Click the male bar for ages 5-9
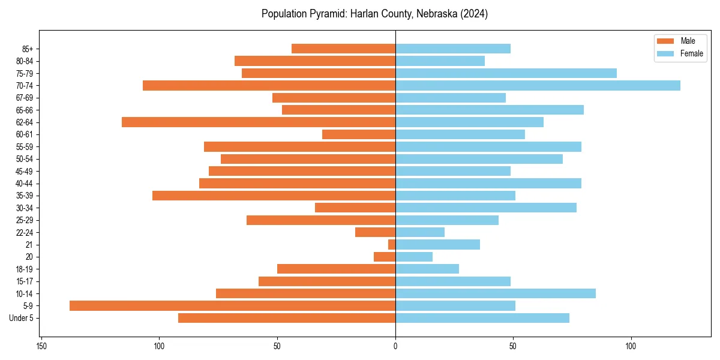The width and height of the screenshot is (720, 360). click(232, 305)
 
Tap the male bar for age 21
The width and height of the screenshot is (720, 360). click(392, 244)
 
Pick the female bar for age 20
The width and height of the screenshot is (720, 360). click(414, 257)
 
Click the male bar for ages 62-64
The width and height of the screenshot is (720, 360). click(259, 122)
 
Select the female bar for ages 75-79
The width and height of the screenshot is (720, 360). click(506, 73)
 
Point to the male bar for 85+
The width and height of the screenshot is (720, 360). click(343, 49)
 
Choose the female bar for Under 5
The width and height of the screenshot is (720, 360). click(482, 318)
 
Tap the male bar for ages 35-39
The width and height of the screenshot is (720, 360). click(274, 196)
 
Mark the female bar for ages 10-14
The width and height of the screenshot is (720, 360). click(496, 293)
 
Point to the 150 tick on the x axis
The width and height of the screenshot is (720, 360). click(41, 346)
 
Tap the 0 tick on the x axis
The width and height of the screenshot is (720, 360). click(395, 346)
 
